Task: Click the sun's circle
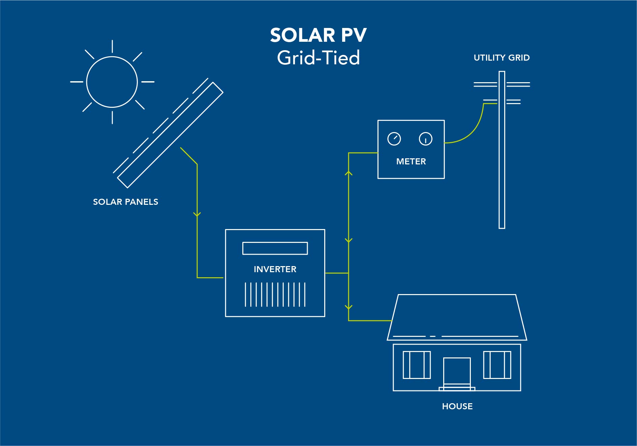(x=87, y=82)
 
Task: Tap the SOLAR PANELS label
(x=125, y=202)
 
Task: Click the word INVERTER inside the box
(x=275, y=269)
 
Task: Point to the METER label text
(x=411, y=161)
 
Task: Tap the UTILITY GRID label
(x=502, y=58)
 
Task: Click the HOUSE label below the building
(x=457, y=406)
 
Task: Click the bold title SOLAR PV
(x=318, y=35)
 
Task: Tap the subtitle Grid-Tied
(x=318, y=57)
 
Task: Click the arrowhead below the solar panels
(x=197, y=214)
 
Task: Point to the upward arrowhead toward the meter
(x=348, y=173)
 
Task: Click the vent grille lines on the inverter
(x=275, y=295)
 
